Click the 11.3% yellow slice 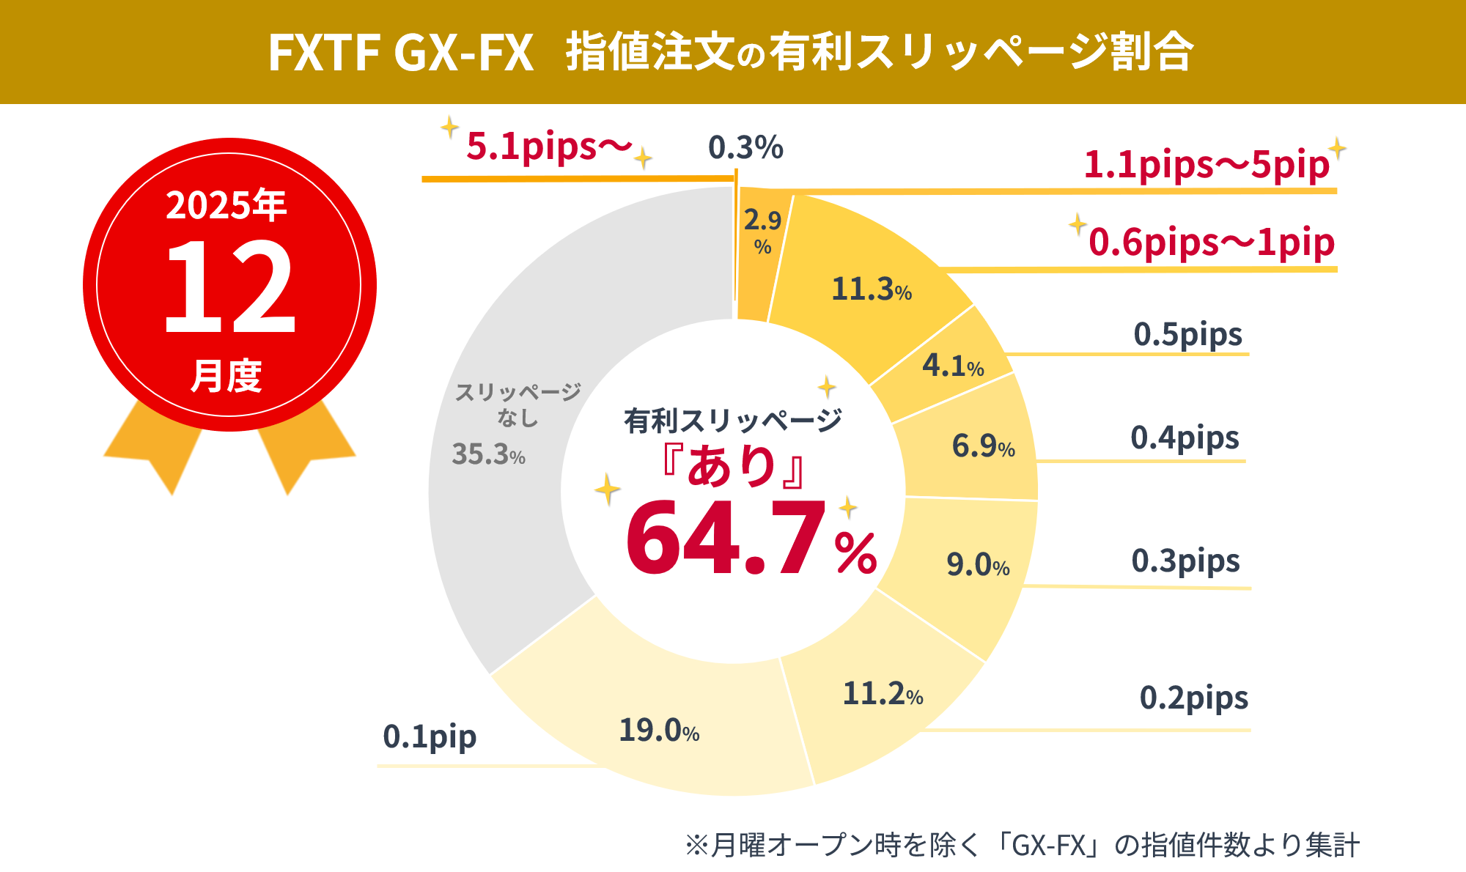coord(865,278)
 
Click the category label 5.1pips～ coord(548,147)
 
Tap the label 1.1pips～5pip coord(1206,165)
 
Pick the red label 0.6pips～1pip coord(1211,243)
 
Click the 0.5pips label coord(1187,335)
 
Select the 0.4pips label coord(1185,438)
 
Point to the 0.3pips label coord(1185,561)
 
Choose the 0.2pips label coord(1193,698)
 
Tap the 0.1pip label coord(430,736)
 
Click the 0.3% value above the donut coord(745,148)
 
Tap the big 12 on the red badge coord(229,287)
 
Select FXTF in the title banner coord(323,53)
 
